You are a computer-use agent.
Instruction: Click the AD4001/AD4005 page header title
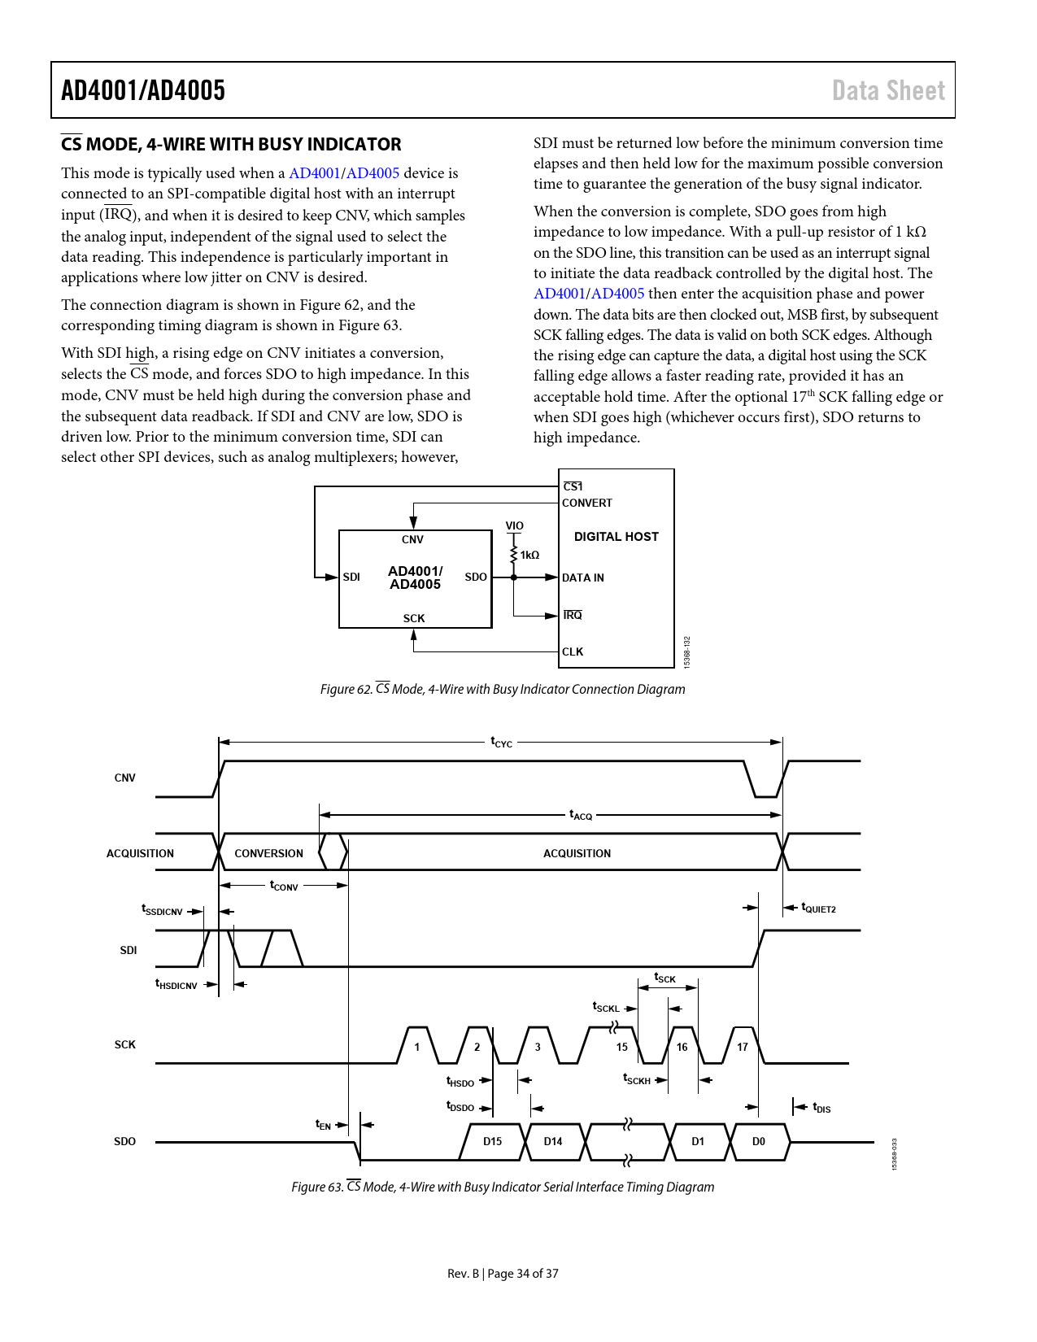(143, 90)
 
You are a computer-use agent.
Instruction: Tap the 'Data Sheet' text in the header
(888, 90)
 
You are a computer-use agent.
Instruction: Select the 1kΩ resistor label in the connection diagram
(529, 555)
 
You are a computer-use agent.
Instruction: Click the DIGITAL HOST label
(616, 537)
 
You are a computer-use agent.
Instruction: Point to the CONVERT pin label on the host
(587, 503)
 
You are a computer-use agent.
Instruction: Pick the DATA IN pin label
(583, 577)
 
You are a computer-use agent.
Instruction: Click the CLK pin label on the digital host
(573, 651)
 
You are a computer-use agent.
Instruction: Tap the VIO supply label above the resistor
(514, 525)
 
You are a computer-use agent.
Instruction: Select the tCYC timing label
(501, 742)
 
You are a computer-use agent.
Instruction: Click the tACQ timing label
(581, 814)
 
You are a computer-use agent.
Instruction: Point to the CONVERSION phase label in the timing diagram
(268, 853)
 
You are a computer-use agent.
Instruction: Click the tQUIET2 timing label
(818, 908)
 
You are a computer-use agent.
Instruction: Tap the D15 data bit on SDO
(492, 1141)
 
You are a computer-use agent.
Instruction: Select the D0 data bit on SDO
(758, 1141)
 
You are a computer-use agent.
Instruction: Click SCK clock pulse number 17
(742, 1047)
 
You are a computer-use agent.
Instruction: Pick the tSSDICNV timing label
(162, 910)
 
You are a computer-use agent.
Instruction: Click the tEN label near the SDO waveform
(323, 1124)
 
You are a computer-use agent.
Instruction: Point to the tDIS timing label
(821, 1108)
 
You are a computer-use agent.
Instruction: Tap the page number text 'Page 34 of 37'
(523, 1274)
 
